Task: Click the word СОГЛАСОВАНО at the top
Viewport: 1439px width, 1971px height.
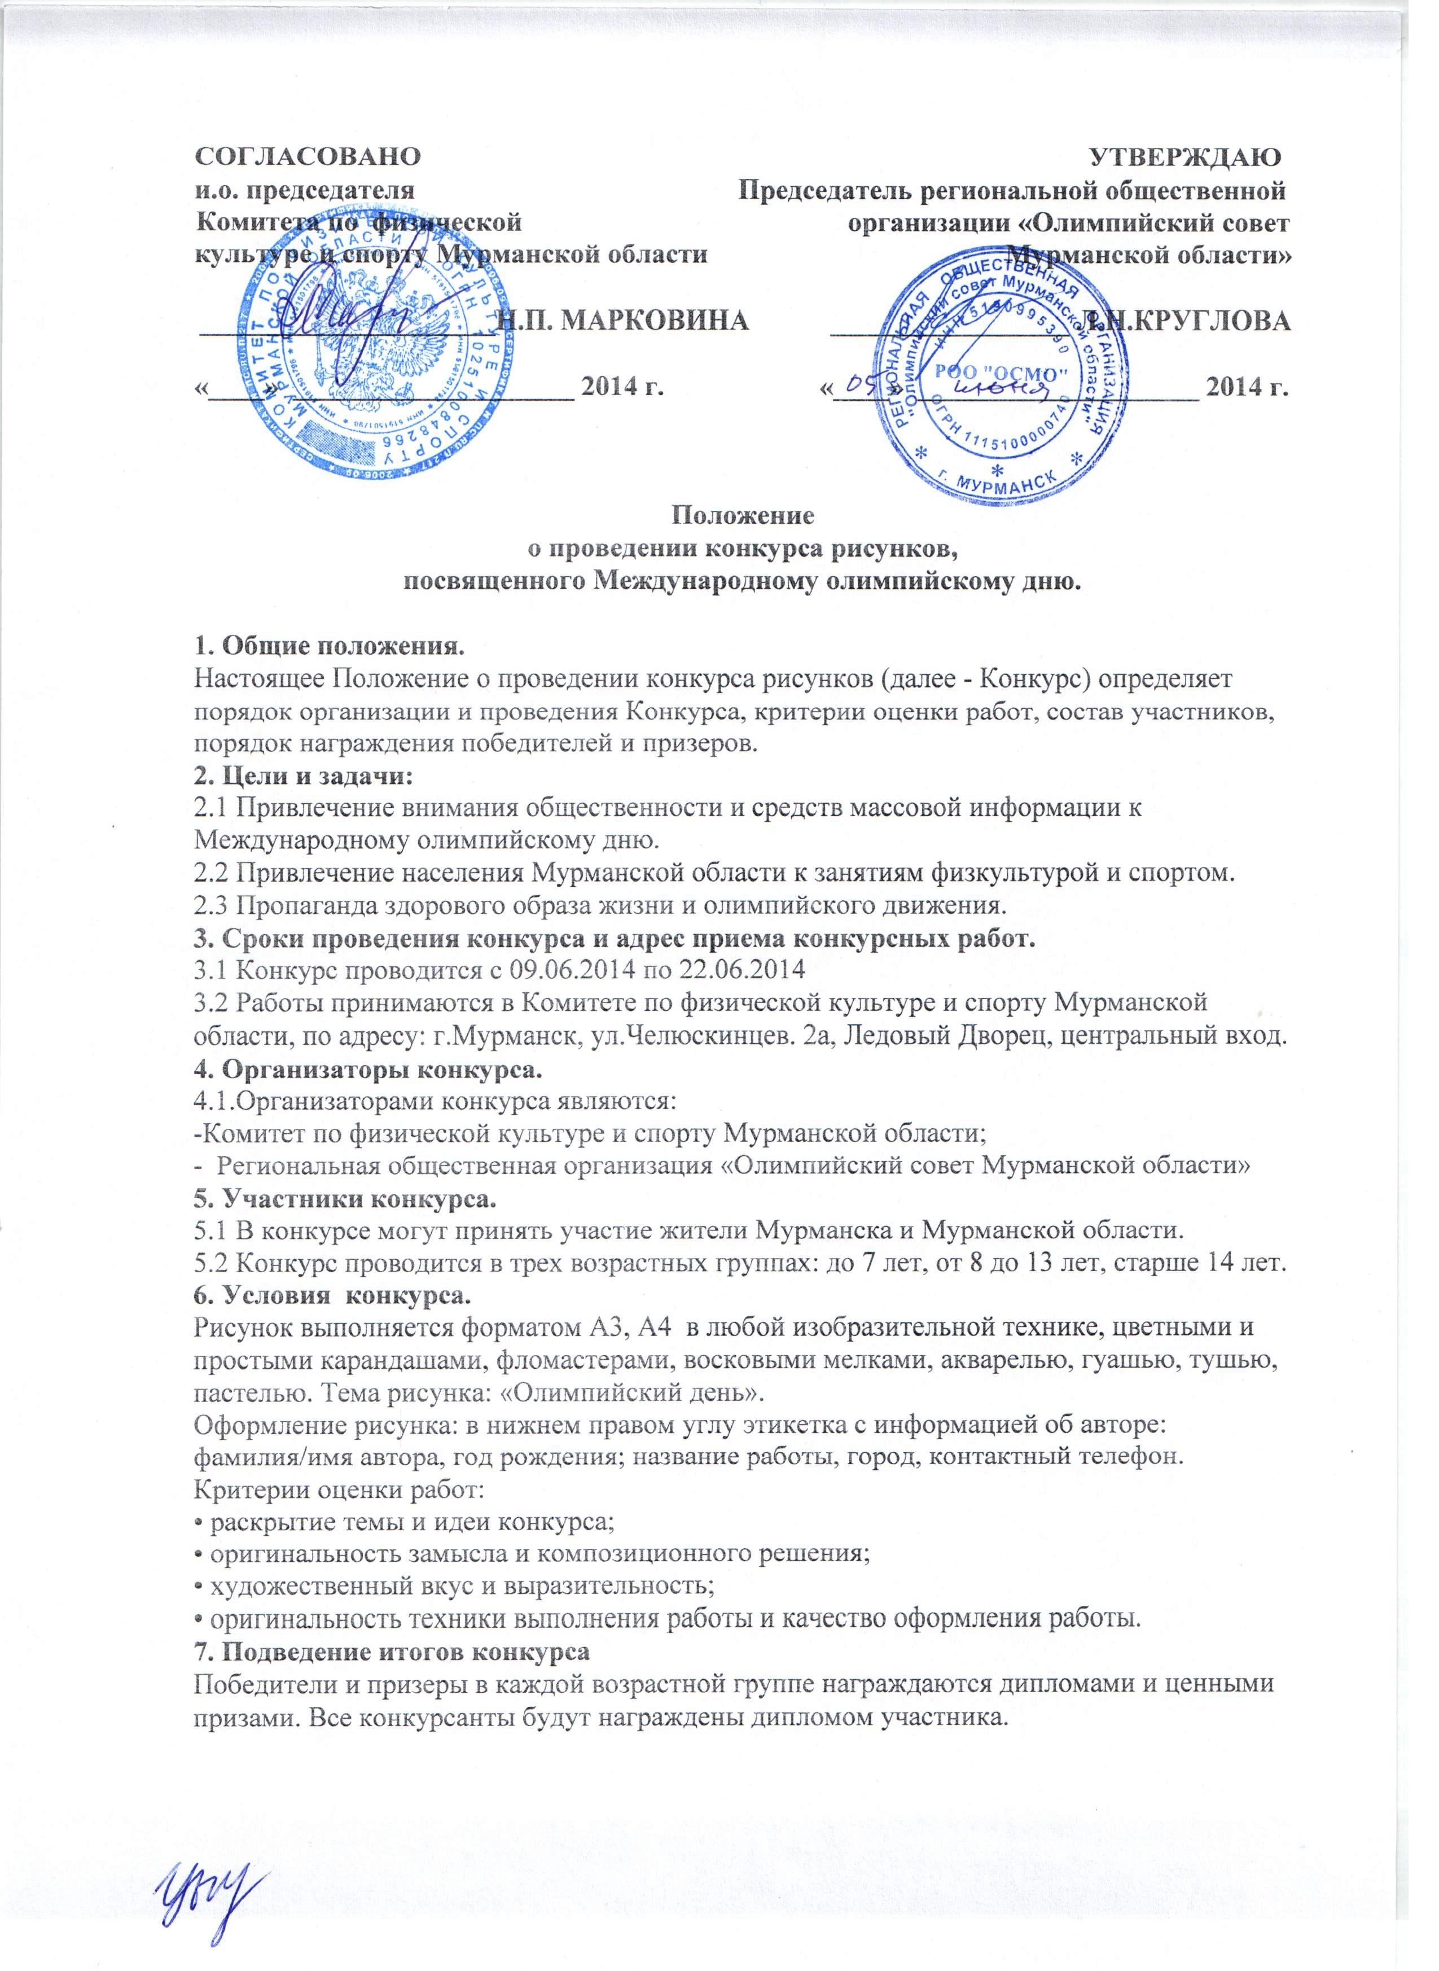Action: [306, 157]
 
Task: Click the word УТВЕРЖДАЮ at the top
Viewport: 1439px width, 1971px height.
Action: [1186, 157]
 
